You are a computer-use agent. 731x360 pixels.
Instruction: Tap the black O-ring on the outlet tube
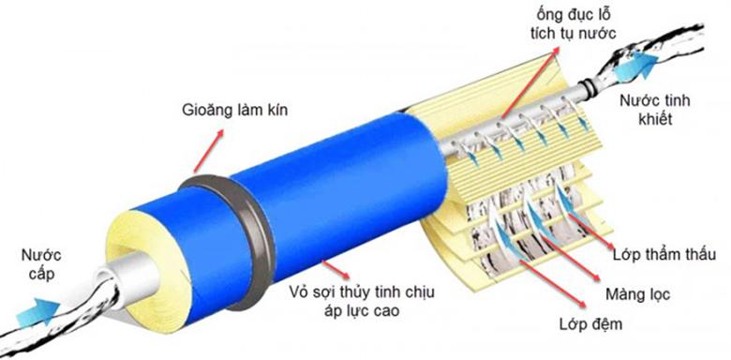(x=586, y=88)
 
